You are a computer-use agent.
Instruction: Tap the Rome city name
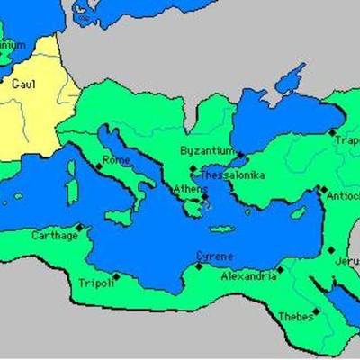116,160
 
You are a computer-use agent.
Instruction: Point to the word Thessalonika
231,175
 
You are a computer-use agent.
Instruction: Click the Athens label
187,189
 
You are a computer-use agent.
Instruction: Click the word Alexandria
248,276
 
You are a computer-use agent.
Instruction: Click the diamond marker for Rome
99,166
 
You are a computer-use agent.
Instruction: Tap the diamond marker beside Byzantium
240,154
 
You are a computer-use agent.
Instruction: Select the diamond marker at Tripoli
115,276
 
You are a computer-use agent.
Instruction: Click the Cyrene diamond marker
199,265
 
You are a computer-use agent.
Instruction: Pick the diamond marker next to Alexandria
280,268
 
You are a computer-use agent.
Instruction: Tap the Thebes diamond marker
316,312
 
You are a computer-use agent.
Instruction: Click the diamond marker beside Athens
204,198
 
